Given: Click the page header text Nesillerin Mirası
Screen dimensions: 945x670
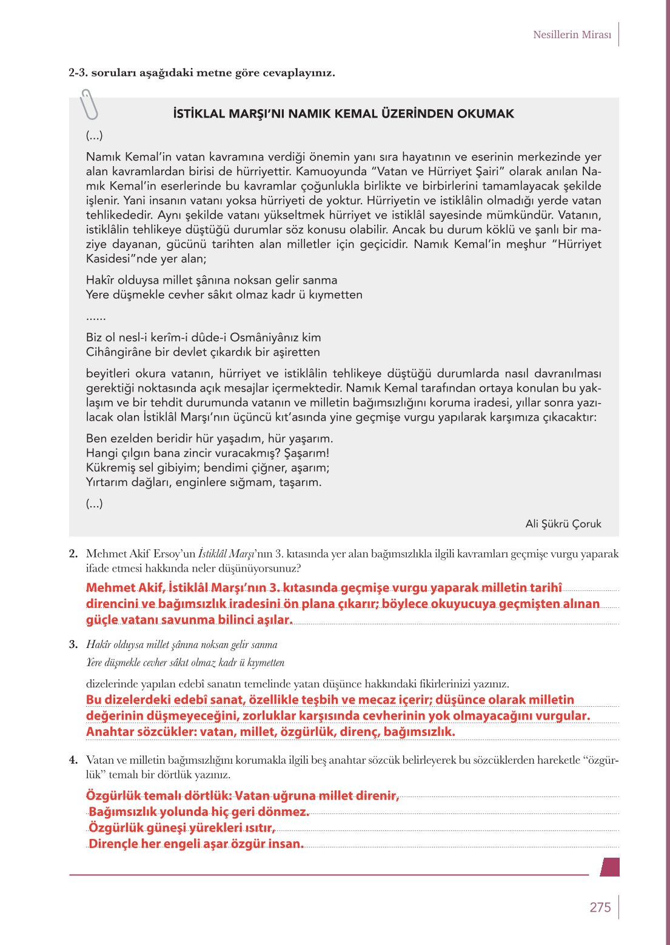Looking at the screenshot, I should click(x=572, y=35).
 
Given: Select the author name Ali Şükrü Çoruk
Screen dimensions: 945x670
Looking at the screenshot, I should click(x=563, y=524).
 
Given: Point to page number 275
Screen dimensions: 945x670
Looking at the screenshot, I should click(x=600, y=907).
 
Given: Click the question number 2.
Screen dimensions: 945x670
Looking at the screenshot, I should click(x=73, y=553).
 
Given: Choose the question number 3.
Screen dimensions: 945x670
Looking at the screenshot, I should click(x=73, y=644).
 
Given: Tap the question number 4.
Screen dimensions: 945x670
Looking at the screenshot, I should click(x=73, y=760).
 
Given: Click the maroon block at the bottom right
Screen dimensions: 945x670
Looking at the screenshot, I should click(x=610, y=867).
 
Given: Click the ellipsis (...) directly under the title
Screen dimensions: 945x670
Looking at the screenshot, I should click(x=95, y=135).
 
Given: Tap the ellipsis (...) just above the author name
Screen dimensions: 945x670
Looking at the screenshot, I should click(x=95, y=503).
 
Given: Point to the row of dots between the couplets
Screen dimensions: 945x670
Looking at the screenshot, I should click(x=96, y=317).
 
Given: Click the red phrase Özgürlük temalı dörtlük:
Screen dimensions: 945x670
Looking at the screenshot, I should click(x=158, y=795).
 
